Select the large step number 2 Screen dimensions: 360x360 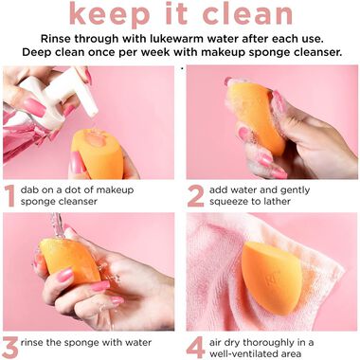(x=195, y=195)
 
